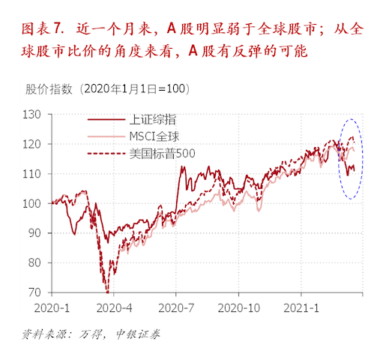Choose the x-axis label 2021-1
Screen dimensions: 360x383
(x=303, y=307)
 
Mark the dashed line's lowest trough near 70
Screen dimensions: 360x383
(x=106, y=291)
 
